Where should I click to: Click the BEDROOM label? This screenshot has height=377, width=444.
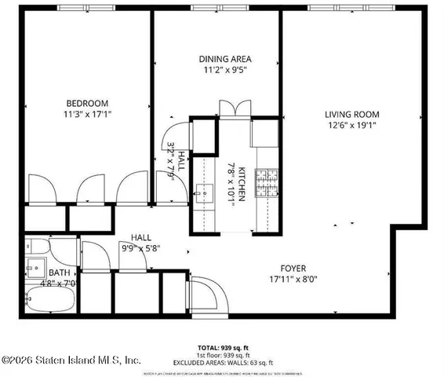(86, 103)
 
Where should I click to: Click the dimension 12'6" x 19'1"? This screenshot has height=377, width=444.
(351, 126)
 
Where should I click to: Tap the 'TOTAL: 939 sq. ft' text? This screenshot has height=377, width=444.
(222, 346)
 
